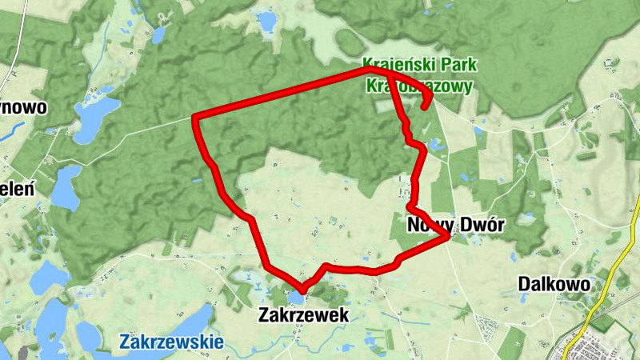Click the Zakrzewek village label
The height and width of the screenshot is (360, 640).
(x=303, y=315)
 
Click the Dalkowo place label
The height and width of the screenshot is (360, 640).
(x=554, y=284)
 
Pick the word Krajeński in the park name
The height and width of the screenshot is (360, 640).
(x=396, y=64)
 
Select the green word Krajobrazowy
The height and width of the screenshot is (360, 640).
(x=419, y=85)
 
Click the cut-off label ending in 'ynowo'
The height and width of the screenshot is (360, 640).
(x=24, y=107)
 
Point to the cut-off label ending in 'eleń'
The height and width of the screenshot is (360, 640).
(x=16, y=190)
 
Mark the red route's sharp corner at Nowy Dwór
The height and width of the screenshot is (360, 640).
(x=449, y=237)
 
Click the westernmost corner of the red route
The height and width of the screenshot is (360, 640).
(x=196, y=119)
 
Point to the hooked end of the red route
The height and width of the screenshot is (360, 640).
(x=424, y=105)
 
